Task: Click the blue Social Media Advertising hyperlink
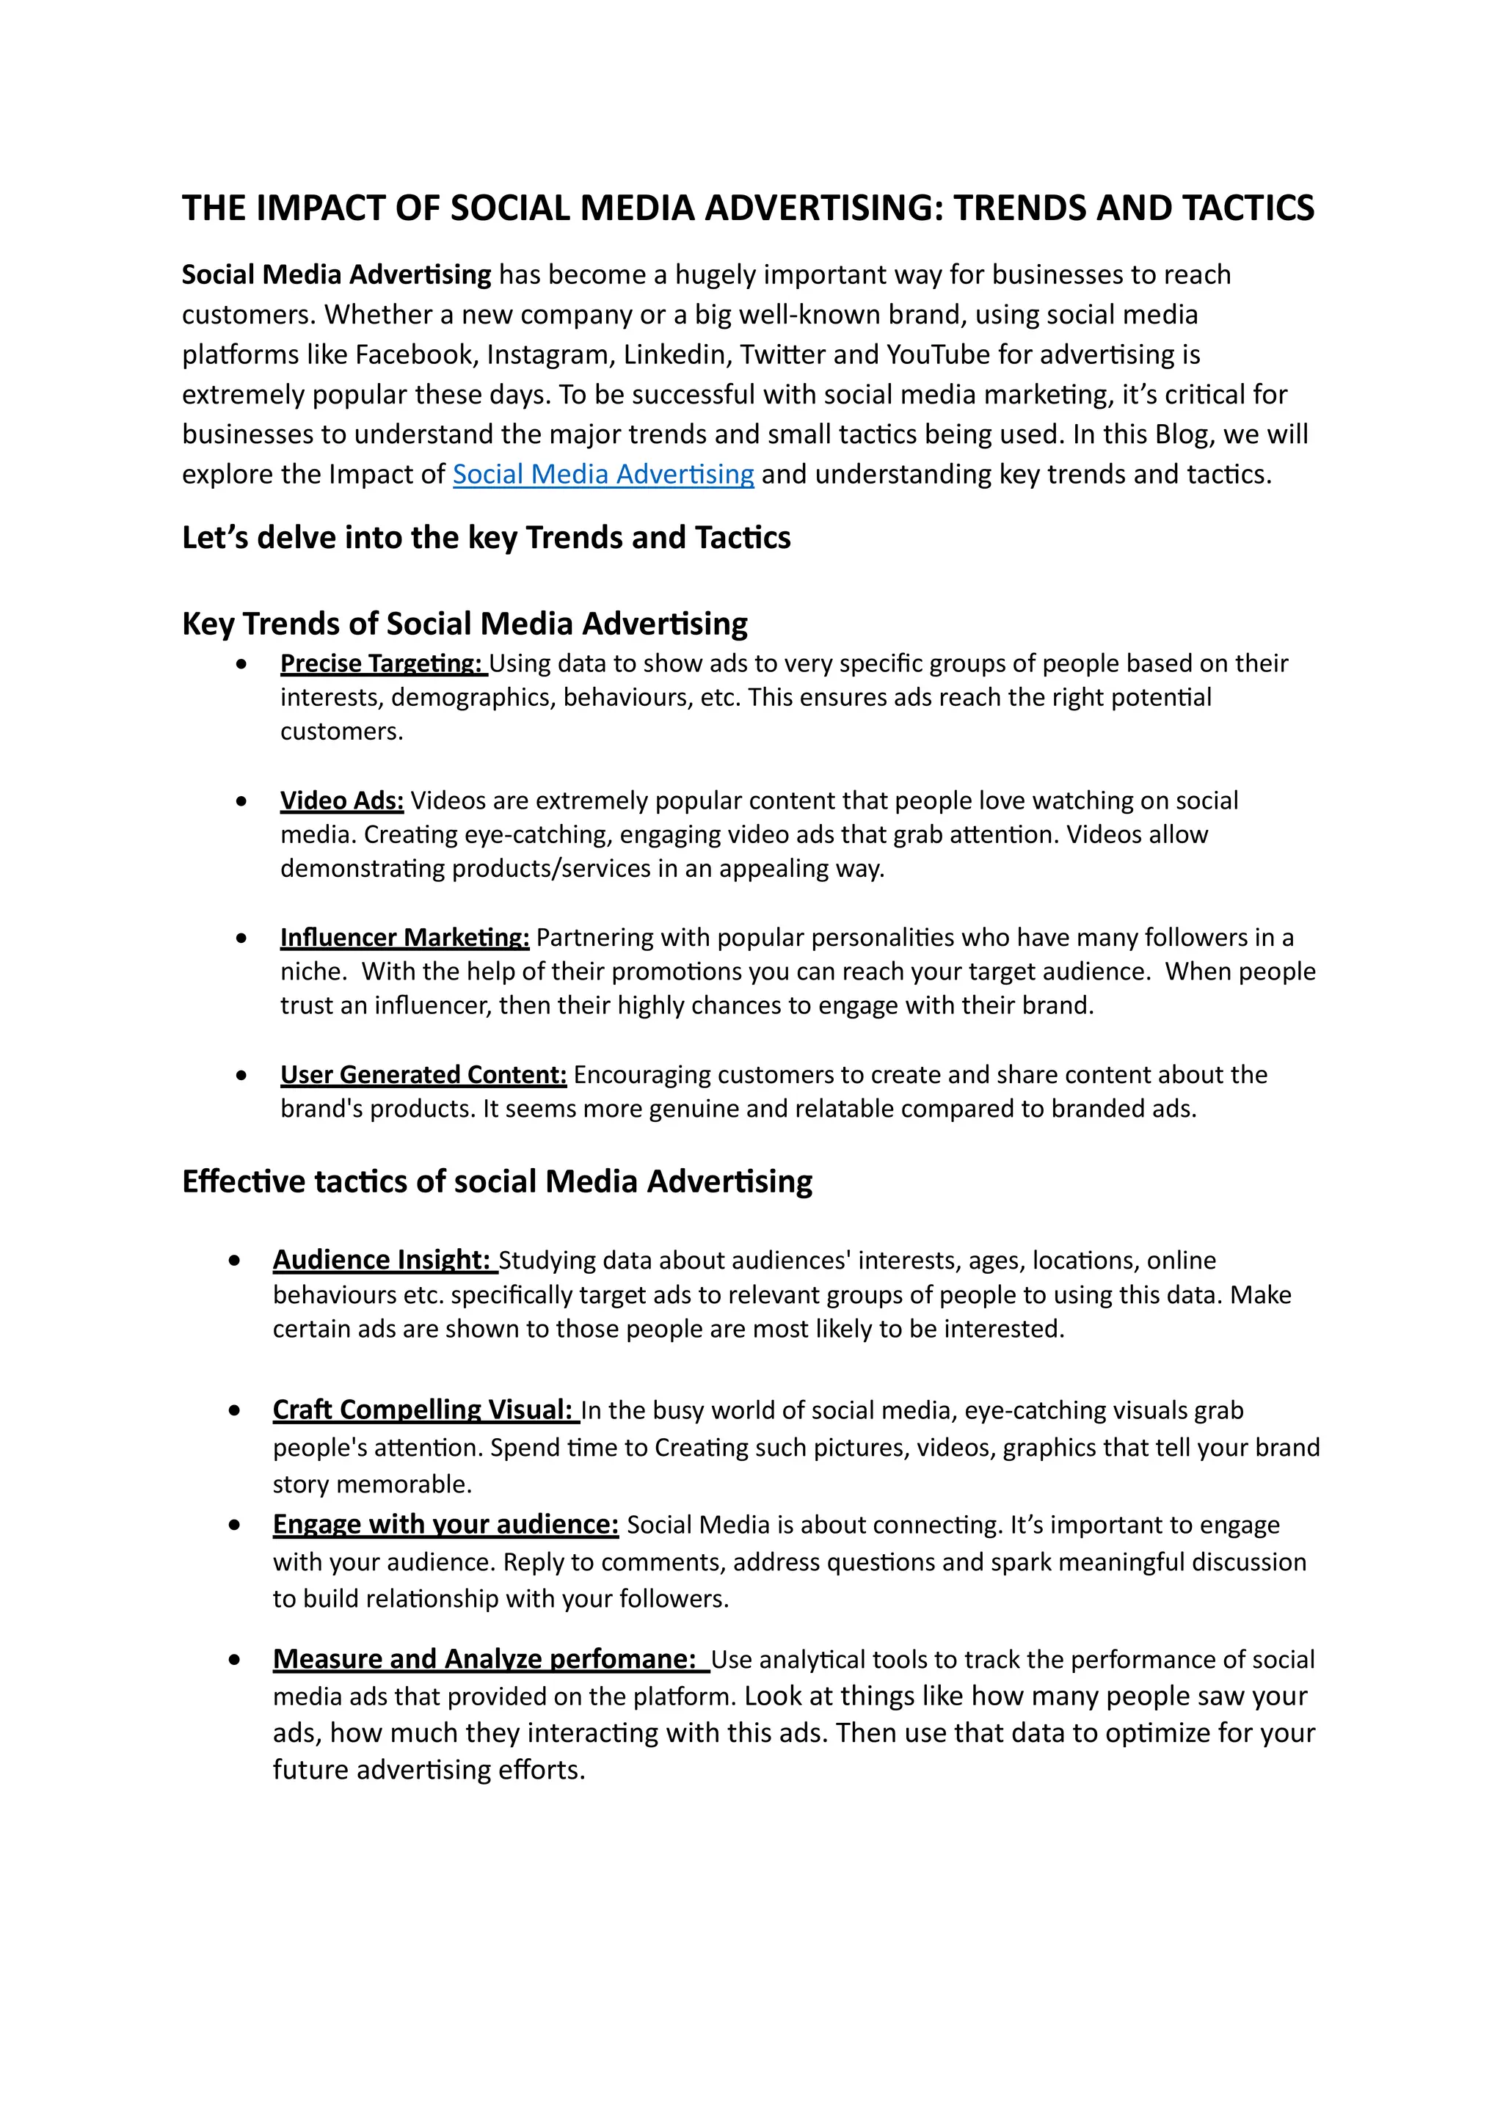pyautogui.click(x=603, y=474)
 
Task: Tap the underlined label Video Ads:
pyautogui.click(x=341, y=801)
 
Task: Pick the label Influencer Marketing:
pyautogui.click(x=404, y=938)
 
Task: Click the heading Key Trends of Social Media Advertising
pyautogui.click(x=465, y=624)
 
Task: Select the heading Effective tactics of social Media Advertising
pyautogui.click(x=497, y=1182)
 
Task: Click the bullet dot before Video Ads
pyautogui.click(x=241, y=801)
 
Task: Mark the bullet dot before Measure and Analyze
pyautogui.click(x=234, y=1660)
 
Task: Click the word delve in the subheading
pyautogui.click(x=296, y=538)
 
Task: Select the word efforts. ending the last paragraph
pyautogui.click(x=542, y=1770)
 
